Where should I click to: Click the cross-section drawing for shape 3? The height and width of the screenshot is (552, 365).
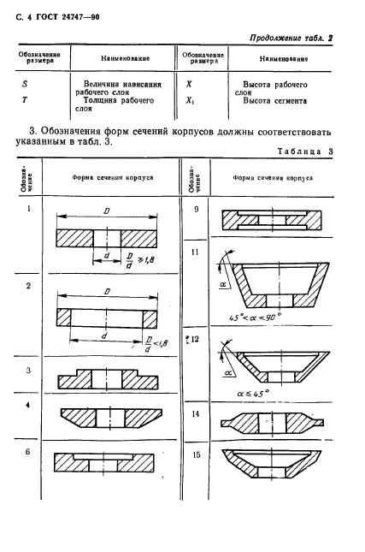(x=106, y=380)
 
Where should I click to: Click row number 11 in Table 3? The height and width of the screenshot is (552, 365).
(x=196, y=252)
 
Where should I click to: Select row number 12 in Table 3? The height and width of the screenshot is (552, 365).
(x=195, y=340)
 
